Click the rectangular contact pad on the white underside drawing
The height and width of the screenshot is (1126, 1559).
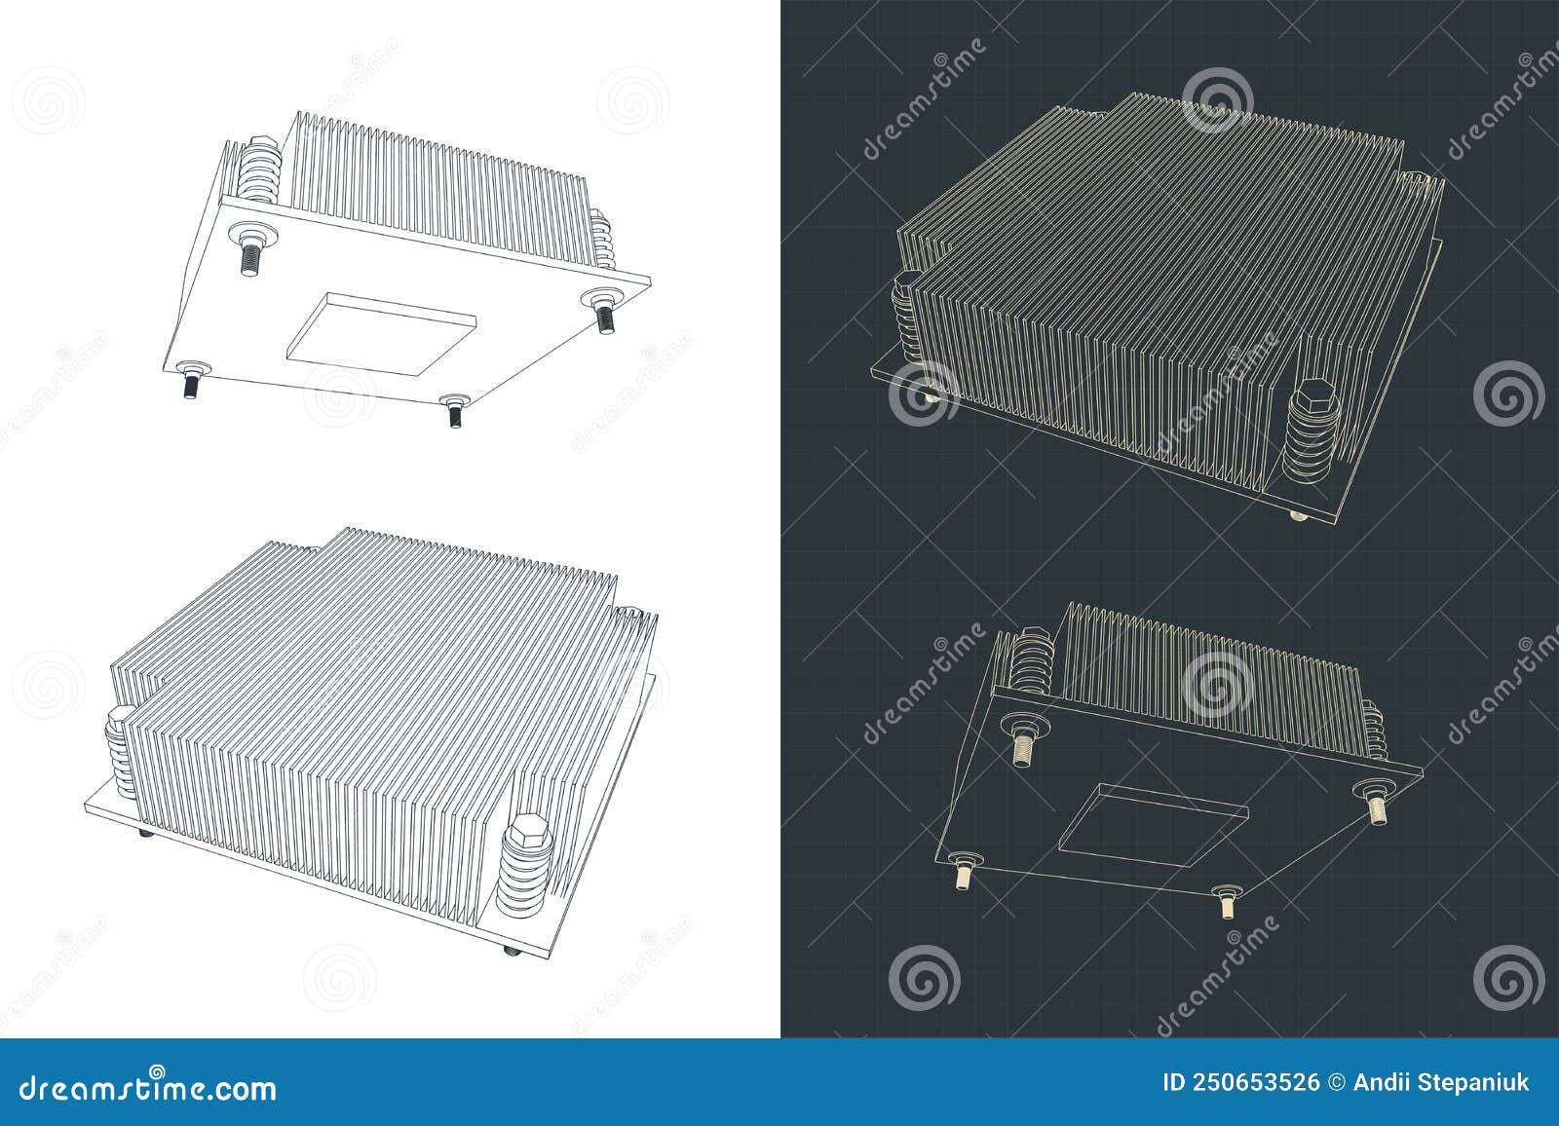coord(380,331)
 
